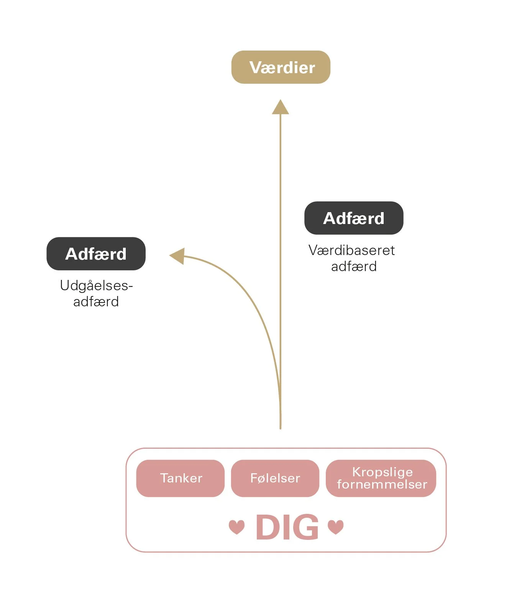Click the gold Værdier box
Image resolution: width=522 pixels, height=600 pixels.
[281, 67]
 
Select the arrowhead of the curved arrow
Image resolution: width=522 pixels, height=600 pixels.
[177, 256]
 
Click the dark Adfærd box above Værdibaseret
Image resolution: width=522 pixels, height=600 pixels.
[354, 218]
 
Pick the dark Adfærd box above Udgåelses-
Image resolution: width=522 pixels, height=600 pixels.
[96, 253]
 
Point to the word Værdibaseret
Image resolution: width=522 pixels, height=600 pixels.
[351, 250]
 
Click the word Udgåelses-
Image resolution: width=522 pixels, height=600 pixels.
[96, 286]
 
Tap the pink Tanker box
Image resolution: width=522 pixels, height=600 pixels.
[181, 478]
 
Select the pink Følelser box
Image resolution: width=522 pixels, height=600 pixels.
[275, 478]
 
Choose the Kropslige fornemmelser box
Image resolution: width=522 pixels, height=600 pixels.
[381, 478]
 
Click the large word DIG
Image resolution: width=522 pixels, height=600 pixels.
[287, 527]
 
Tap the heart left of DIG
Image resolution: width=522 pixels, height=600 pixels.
[236, 527]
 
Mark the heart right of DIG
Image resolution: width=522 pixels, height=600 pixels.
[336, 527]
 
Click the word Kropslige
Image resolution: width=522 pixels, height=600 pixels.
[382, 472]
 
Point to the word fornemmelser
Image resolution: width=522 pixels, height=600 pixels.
[382, 484]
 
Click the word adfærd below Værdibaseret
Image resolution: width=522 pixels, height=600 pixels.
[354, 266]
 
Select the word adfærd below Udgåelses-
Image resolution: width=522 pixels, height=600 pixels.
[96, 302]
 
